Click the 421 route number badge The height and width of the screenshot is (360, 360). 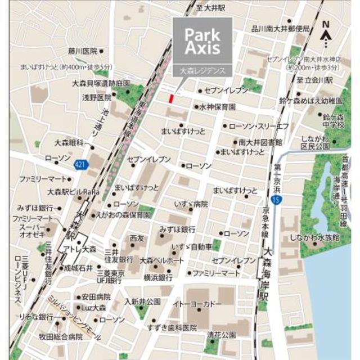pos(80,164)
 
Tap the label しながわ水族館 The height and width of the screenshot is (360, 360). pos(315,237)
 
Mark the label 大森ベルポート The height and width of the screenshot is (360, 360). pos(162,261)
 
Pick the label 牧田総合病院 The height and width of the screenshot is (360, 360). pos(60,337)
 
